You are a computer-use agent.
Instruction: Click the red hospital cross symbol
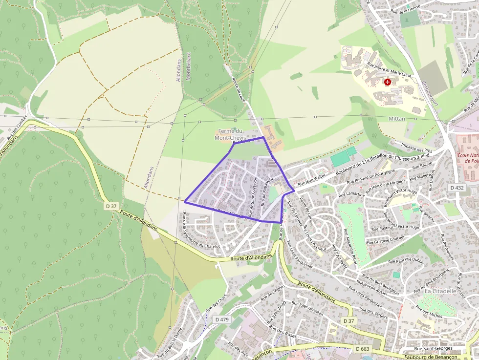tap(388, 82)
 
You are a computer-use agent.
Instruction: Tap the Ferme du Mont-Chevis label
tap(230, 134)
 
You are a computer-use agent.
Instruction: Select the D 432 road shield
tap(457, 188)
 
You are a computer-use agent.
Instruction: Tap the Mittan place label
tap(397, 119)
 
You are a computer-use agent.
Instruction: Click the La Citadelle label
tap(440, 291)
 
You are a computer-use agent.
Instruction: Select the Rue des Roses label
tap(283, 333)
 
